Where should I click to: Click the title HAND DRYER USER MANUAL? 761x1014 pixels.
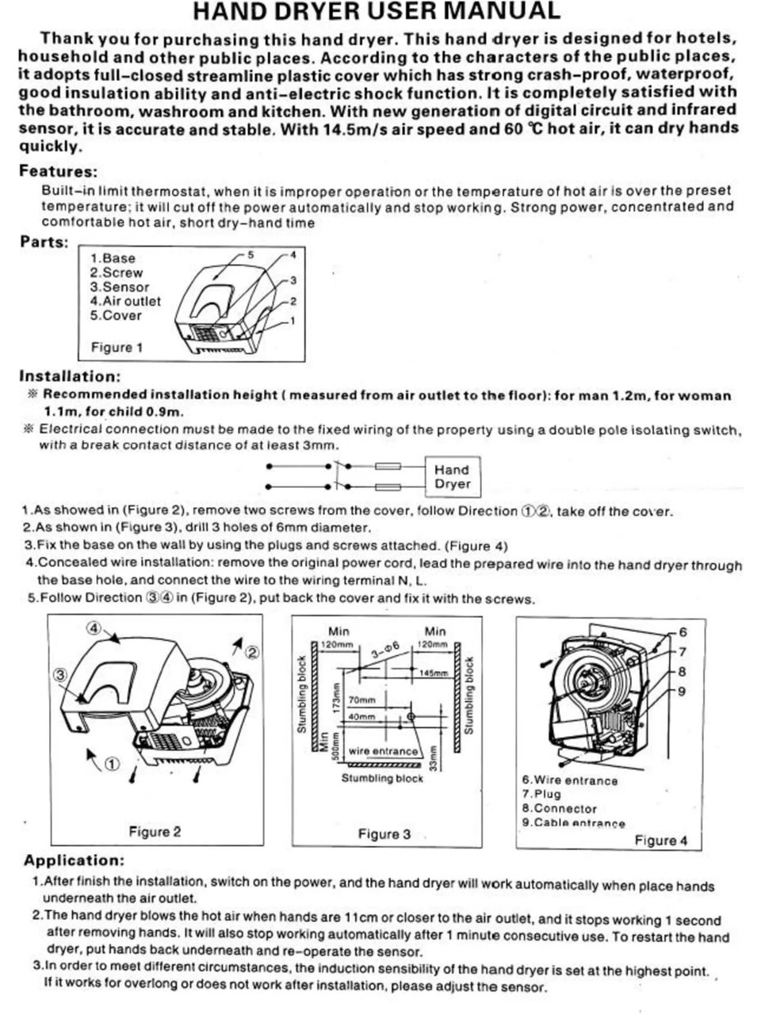coord(377,11)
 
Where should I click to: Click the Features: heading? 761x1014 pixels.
coord(58,171)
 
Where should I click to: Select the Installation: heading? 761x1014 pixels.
coord(70,376)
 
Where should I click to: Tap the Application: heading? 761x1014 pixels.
coord(74,860)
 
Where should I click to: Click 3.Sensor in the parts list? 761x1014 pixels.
coord(119,287)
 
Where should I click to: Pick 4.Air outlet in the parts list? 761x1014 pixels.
coord(124,301)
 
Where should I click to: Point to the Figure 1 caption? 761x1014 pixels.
coord(117,347)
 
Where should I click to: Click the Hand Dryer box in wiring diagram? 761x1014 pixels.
coord(452,477)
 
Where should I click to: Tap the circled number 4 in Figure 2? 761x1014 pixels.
coord(94,627)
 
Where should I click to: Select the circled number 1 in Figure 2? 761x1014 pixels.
coord(112,764)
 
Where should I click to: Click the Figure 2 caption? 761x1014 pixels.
coord(155,832)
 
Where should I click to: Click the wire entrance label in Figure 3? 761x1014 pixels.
coord(383,751)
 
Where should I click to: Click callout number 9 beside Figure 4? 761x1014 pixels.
coord(682,691)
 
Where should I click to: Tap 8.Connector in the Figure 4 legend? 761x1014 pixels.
coord(559,809)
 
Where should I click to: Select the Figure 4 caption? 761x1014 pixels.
coord(661,841)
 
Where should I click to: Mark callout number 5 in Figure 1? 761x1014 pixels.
coord(250,254)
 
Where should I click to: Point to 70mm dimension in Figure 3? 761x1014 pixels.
coord(361,700)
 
